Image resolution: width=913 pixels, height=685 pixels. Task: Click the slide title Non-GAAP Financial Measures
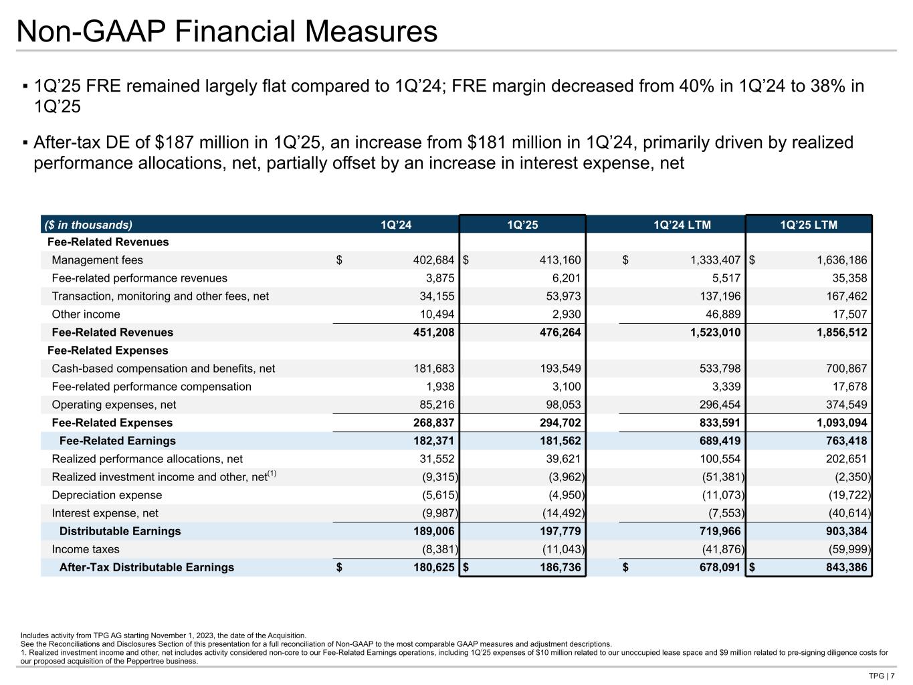pos(227,31)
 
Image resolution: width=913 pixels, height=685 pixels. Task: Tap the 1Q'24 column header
pos(396,225)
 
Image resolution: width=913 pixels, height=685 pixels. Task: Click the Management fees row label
pos(97,260)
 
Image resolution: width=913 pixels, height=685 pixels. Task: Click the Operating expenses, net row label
pos(114,405)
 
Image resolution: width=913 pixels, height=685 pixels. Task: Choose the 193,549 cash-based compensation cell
pos(559,369)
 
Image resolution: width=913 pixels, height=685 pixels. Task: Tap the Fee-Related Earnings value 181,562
pos(559,441)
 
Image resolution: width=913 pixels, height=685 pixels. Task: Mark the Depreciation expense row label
pos(106,495)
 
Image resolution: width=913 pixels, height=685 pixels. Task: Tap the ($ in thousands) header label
pos(88,225)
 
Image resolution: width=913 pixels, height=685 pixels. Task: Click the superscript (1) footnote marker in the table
pos(272,474)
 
